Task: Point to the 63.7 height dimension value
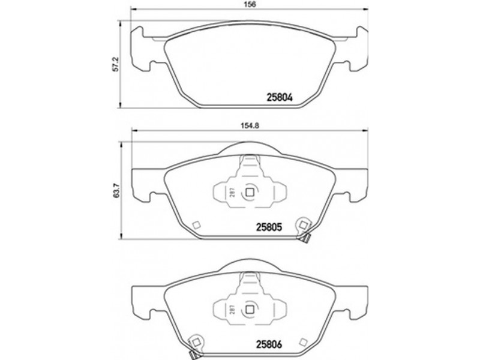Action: (x=116, y=191)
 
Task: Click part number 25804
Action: (x=280, y=97)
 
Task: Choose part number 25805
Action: (x=268, y=227)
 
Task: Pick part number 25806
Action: (x=268, y=344)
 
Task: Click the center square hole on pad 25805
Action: (x=250, y=193)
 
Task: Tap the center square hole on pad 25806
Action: (x=250, y=310)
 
